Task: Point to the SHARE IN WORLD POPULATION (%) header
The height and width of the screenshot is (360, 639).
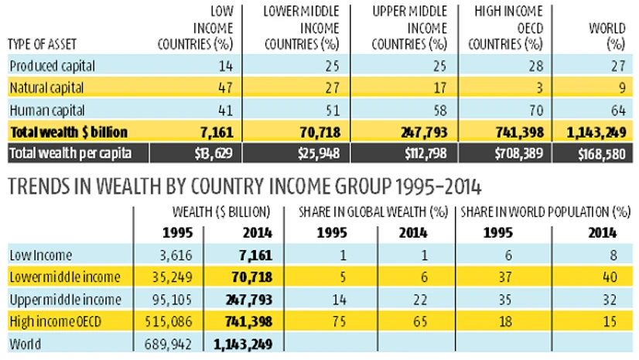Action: (x=543, y=210)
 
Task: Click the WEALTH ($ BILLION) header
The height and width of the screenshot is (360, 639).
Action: (x=221, y=210)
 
